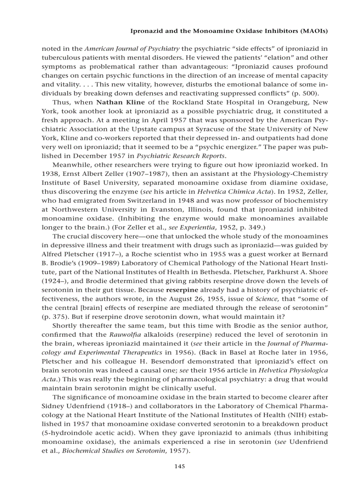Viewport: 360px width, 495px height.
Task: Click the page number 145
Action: [179, 466]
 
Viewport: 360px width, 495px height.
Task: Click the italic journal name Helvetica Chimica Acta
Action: [227, 192]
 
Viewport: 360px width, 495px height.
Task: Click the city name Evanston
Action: [174, 210]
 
